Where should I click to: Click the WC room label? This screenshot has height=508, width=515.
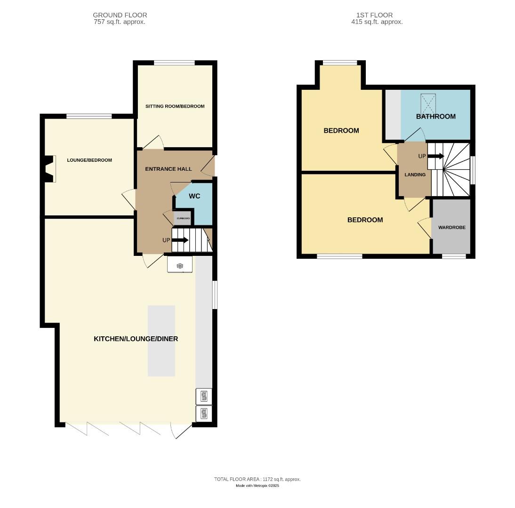[x=194, y=196]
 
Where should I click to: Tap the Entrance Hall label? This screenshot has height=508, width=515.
[x=169, y=169]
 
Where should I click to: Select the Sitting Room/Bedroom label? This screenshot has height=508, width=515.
[x=175, y=106]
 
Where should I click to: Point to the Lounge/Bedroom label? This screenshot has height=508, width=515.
[x=89, y=160]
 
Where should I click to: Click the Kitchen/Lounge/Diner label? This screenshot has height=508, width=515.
[x=136, y=339]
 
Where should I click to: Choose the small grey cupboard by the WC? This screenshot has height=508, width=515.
[x=183, y=218]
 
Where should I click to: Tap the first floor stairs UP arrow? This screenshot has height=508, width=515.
[x=435, y=156]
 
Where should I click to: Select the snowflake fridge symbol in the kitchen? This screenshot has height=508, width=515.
[x=180, y=266]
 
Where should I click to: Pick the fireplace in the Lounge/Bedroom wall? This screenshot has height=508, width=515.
[x=49, y=168]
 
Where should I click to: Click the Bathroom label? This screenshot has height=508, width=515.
[x=435, y=117]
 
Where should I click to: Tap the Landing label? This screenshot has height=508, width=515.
[x=415, y=175]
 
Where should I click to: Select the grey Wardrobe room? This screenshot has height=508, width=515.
[x=451, y=227]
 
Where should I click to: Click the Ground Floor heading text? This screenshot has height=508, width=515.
[x=120, y=15]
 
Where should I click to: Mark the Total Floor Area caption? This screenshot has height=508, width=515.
[x=257, y=479]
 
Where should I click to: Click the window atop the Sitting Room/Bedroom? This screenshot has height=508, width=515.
[x=174, y=63]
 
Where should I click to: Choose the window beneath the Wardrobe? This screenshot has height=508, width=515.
[x=454, y=256]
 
